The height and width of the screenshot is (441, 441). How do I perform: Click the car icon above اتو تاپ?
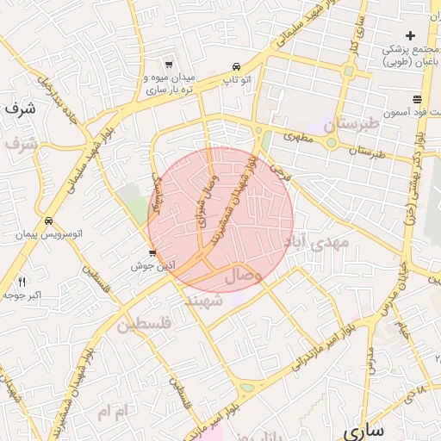click(235, 67)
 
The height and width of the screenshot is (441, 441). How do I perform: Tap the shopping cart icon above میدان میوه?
click(168, 65)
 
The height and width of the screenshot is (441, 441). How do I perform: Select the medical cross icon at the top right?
click(411, 35)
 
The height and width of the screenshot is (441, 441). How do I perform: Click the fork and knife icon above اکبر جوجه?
click(22, 282)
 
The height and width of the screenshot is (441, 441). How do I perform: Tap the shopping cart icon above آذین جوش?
click(152, 253)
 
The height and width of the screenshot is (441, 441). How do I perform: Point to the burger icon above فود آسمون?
click(417, 99)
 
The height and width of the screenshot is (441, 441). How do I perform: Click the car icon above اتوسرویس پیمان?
click(49, 220)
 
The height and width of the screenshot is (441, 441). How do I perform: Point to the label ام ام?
click(111, 414)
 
